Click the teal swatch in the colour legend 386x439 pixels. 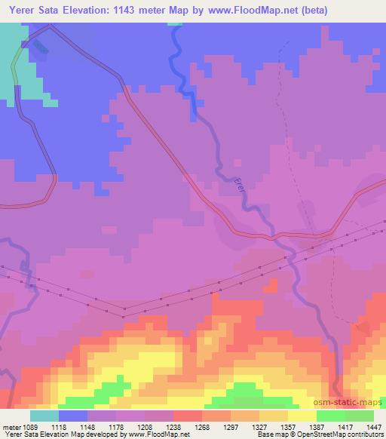click(44, 415)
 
